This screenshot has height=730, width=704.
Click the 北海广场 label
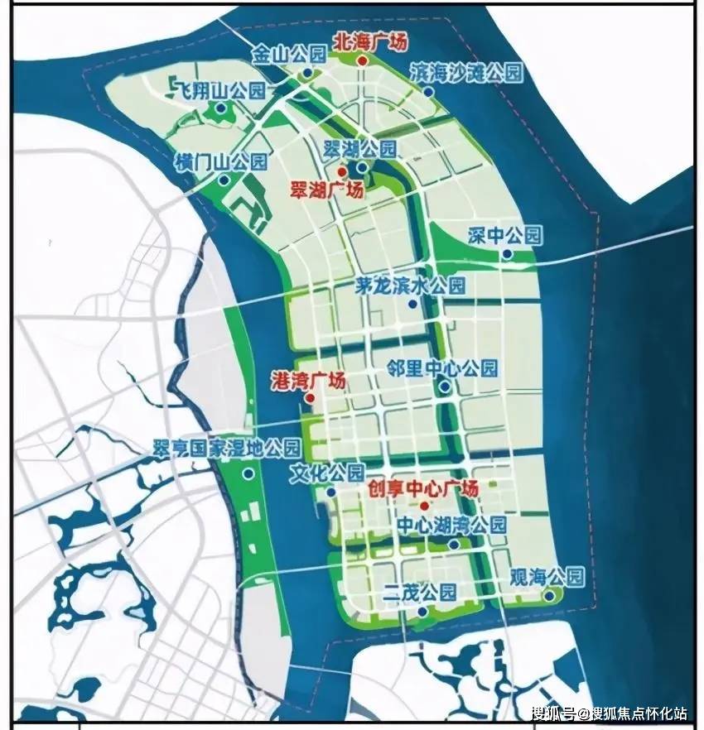(369, 41)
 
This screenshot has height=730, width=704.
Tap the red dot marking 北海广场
(362, 60)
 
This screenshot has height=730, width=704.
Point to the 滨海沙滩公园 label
(467, 73)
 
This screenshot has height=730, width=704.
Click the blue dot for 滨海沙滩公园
(428, 92)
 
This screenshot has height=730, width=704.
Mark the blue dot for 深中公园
(506, 254)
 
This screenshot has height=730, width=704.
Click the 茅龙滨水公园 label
(400, 286)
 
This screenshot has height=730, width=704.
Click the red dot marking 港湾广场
(309, 398)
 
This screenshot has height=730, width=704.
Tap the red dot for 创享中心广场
(424, 506)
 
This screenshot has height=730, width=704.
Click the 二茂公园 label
(421, 593)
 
